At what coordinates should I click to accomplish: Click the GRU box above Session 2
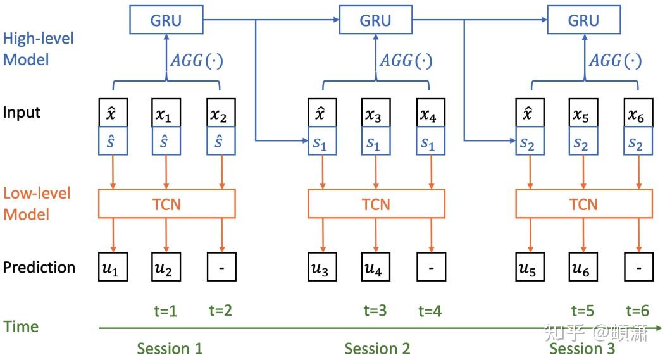click(x=376, y=20)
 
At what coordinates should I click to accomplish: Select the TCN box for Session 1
click(x=166, y=204)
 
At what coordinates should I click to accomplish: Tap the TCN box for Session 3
click(x=583, y=204)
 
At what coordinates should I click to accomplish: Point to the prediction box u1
click(x=111, y=268)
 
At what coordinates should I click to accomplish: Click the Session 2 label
click(x=377, y=348)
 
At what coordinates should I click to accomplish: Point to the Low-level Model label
click(x=37, y=204)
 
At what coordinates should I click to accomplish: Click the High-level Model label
click(x=38, y=49)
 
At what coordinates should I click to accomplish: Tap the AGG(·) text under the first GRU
click(x=197, y=61)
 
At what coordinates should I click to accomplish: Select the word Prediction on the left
click(x=39, y=267)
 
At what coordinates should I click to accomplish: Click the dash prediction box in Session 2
click(x=431, y=268)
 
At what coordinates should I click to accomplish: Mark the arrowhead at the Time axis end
click(x=659, y=328)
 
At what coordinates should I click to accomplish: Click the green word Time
click(x=21, y=326)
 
